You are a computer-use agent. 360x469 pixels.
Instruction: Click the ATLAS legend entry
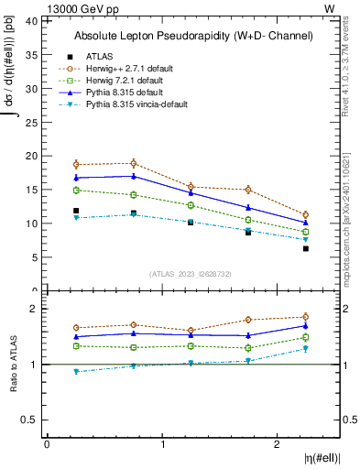tap(99, 56)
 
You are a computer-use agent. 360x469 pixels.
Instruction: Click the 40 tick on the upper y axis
tap(32, 20)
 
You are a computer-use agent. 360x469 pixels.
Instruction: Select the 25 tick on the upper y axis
tap(32, 122)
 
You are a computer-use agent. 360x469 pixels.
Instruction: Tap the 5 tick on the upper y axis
tap(35, 257)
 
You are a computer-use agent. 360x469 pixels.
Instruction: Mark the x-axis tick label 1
tap(163, 444)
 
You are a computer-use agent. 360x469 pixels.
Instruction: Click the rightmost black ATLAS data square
tap(306, 248)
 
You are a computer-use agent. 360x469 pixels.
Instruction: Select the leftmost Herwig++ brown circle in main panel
tap(76, 164)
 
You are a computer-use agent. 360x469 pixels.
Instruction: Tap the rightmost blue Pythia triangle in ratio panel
tap(306, 325)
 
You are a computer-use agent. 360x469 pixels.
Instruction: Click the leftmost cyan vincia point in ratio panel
tap(76, 371)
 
